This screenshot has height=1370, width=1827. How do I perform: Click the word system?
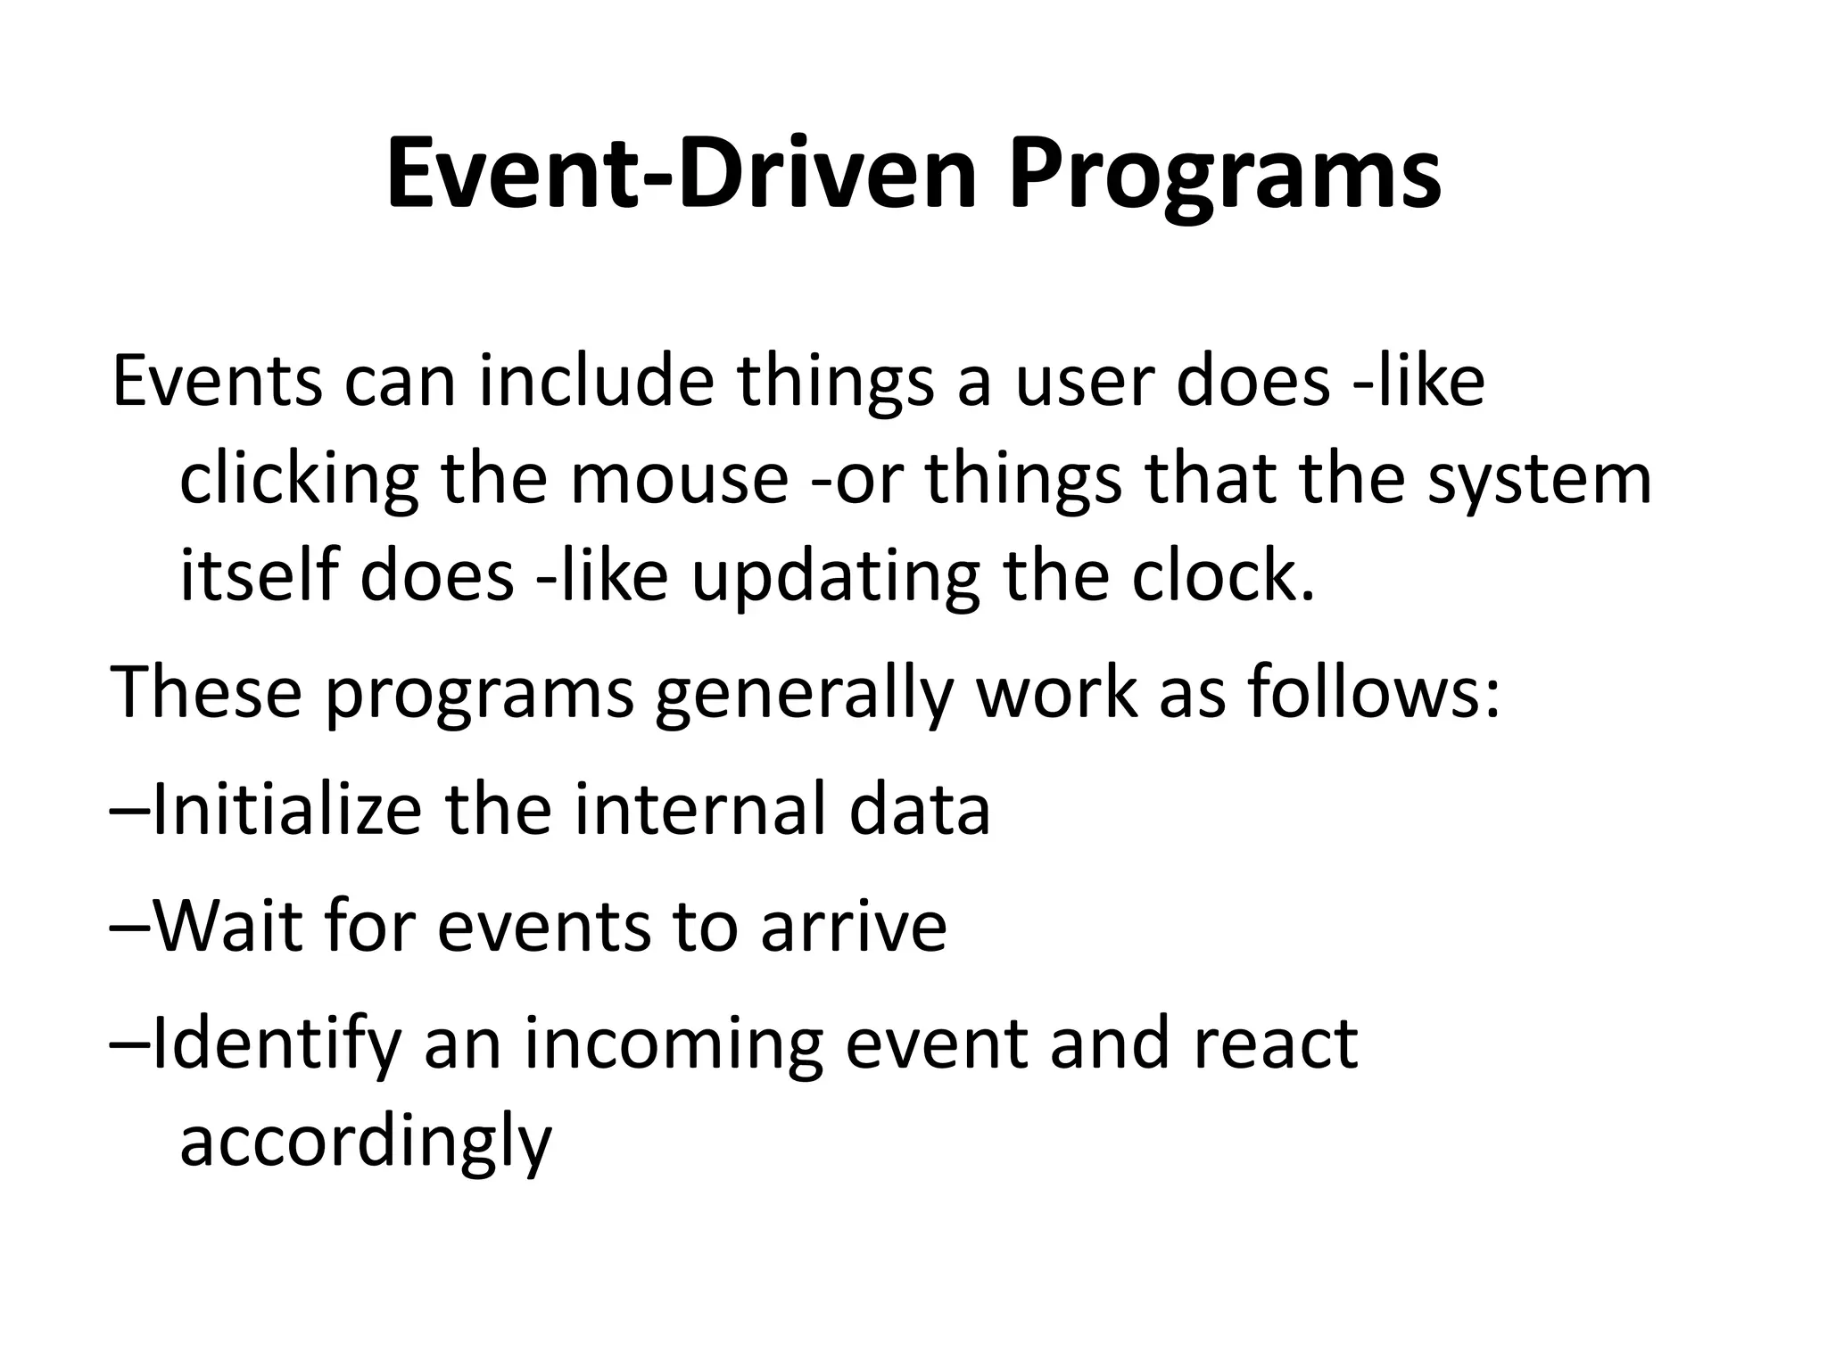coord(1540,479)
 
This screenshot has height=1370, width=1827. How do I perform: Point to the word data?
coord(920,809)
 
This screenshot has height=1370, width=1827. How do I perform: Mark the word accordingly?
coord(366,1142)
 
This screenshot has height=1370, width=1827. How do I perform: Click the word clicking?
coord(300,479)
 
